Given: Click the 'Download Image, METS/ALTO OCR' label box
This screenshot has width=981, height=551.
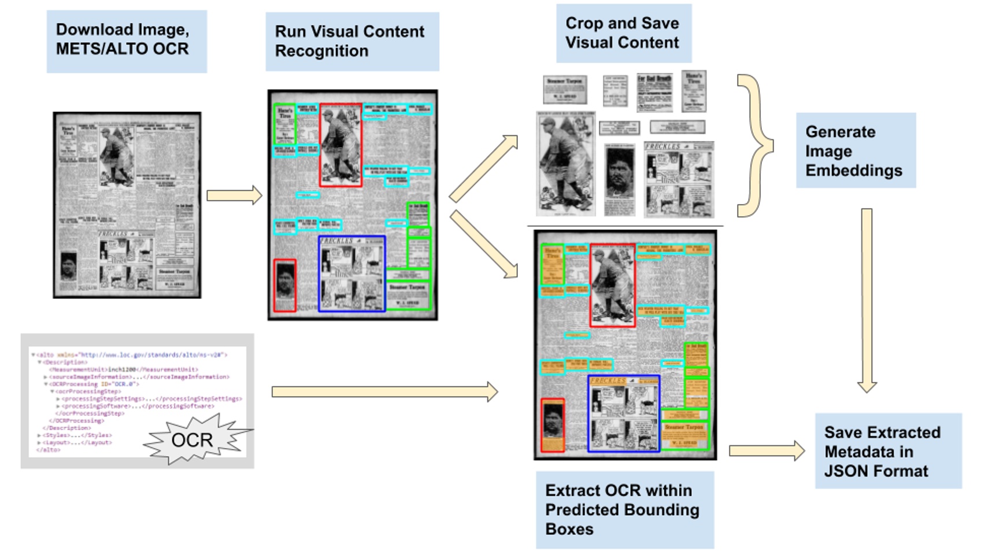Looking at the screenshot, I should (x=127, y=40).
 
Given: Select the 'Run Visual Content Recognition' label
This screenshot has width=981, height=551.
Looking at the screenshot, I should (x=351, y=42).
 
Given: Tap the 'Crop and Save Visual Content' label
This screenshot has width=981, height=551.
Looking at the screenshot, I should (x=623, y=33).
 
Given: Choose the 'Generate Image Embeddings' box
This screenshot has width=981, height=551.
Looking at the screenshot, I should (x=855, y=150).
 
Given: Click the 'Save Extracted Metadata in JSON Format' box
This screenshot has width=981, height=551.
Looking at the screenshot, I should (x=888, y=451).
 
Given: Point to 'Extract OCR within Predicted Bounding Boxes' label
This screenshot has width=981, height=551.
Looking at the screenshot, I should (x=624, y=509).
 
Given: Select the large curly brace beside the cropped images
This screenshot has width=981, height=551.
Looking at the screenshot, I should (x=754, y=145).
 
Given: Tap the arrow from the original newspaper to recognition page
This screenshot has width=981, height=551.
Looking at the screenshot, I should (x=234, y=195).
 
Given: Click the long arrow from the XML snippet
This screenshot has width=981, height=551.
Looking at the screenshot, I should (x=384, y=391).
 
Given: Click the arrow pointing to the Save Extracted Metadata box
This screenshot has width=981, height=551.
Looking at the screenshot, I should (x=767, y=451).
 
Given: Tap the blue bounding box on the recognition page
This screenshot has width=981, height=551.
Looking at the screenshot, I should (x=351, y=273).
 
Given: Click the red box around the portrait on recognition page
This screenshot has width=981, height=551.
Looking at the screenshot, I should (x=284, y=285).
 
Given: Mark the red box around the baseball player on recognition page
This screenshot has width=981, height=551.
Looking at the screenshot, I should (x=340, y=145).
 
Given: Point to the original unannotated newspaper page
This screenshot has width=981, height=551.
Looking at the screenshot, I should (x=127, y=205).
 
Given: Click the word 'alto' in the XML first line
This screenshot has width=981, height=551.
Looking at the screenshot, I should (x=46, y=355).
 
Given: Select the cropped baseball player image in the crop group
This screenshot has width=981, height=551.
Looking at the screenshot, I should (x=565, y=163).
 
